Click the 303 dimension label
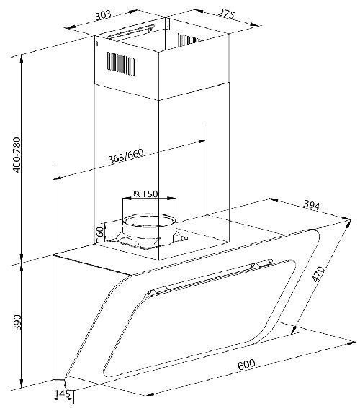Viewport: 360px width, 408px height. (104, 15)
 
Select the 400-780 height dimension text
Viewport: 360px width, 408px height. (17, 155)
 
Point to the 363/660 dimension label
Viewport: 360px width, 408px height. (126, 156)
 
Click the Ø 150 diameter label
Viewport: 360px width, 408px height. (145, 194)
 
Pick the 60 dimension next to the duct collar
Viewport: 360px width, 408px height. (99, 231)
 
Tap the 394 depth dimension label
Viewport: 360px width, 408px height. (312, 206)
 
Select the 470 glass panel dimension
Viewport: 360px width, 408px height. (319, 274)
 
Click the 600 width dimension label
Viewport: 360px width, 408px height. (246, 364)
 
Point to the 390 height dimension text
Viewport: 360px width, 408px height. (17, 322)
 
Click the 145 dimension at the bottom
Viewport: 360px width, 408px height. (62, 394)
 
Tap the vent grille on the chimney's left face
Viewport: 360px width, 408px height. (121, 64)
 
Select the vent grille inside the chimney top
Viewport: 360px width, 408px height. (189, 40)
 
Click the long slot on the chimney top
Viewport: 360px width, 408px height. (132, 32)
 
